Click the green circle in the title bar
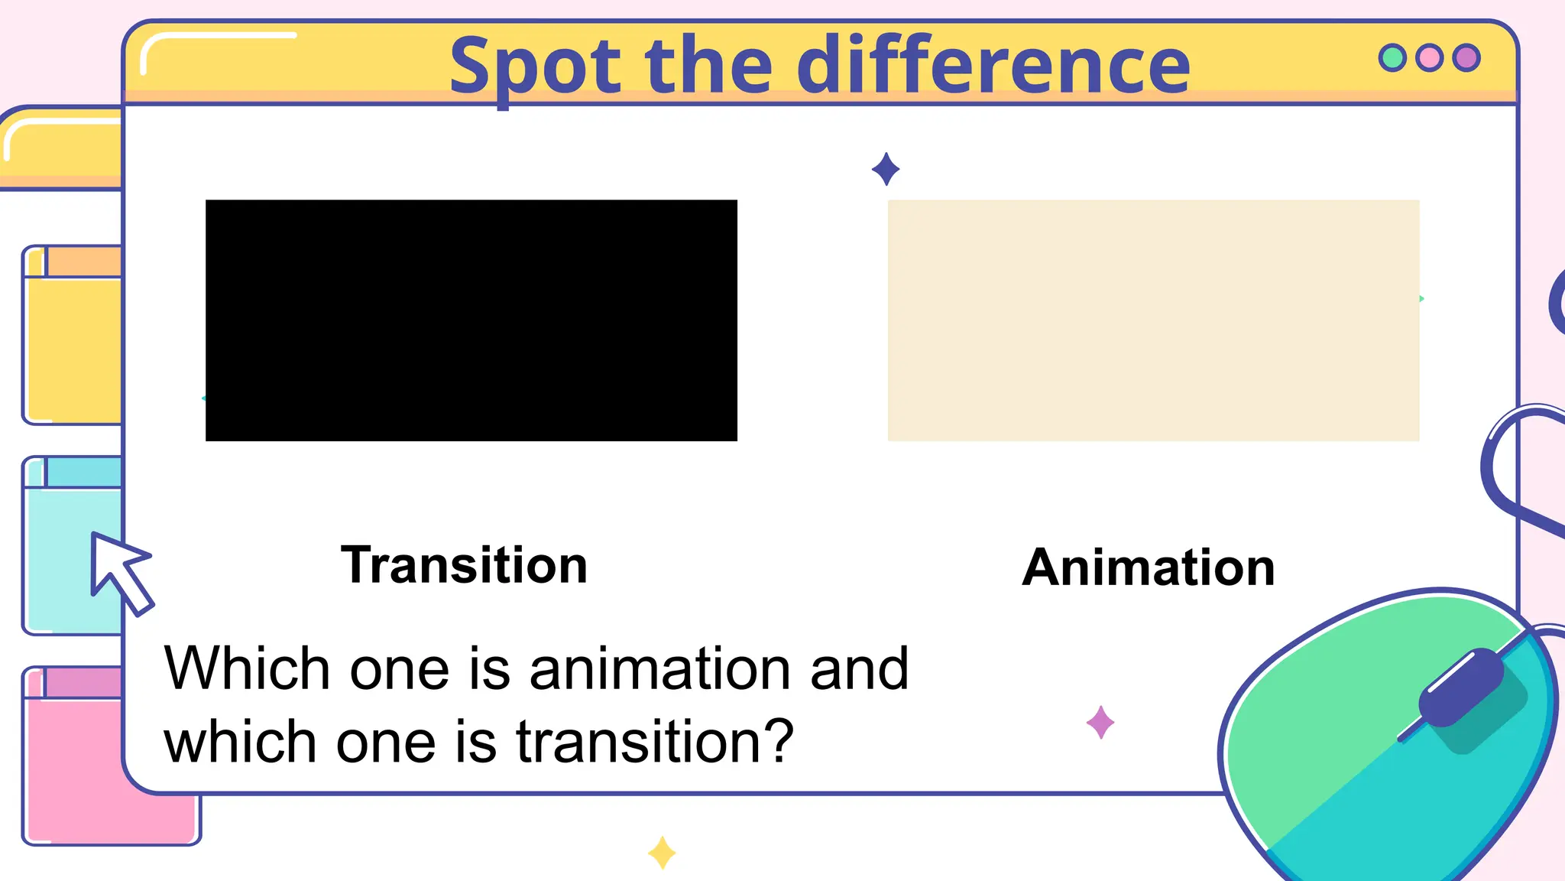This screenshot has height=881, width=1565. (1392, 58)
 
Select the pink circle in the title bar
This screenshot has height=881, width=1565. (1429, 58)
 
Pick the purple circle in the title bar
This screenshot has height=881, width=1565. (1466, 58)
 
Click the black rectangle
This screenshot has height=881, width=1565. (471, 320)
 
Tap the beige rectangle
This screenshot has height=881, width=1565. (1153, 320)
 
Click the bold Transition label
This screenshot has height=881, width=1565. (464, 565)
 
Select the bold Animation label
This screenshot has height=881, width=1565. (1149, 568)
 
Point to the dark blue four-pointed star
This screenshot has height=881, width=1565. (886, 169)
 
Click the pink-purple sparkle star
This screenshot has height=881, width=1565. (1100, 723)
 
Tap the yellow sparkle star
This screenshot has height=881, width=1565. (662, 853)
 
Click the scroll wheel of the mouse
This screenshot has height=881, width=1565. (1461, 687)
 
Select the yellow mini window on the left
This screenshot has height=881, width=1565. (73, 344)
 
